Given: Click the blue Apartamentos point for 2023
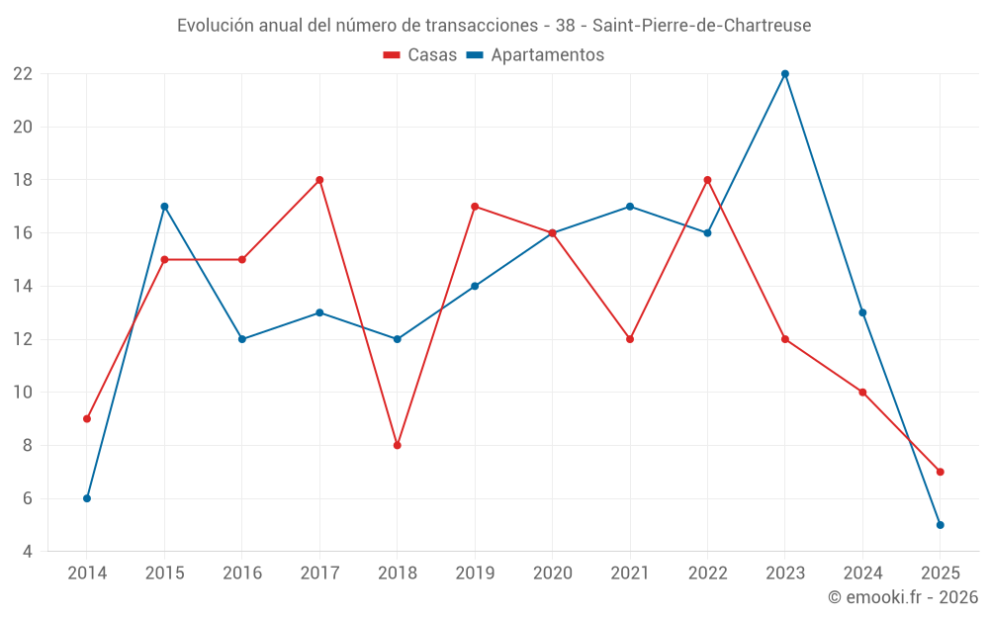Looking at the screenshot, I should (x=785, y=74).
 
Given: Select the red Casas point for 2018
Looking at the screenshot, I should (x=398, y=445).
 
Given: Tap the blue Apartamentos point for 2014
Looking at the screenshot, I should (x=87, y=498).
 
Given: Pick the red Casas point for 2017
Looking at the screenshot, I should (x=319, y=180).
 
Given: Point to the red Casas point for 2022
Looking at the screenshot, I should (x=707, y=180).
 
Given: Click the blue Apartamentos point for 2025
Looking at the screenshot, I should (x=941, y=525).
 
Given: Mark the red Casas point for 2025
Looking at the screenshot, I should (x=941, y=472).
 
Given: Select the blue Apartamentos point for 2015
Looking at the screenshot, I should (x=164, y=207).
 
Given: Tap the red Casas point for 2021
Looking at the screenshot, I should (x=630, y=339).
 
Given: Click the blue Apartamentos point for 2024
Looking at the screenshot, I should (x=862, y=312).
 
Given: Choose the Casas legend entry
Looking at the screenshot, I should (x=420, y=55).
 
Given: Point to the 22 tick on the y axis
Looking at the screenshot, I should (x=23, y=74).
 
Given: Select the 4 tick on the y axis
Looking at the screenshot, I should (x=28, y=552).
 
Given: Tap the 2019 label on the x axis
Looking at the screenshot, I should (x=475, y=574).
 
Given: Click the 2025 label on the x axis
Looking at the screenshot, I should (x=941, y=574).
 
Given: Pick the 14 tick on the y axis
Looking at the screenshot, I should (x=23, y=287).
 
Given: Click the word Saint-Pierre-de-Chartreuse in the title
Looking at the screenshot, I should (x=701, y=25).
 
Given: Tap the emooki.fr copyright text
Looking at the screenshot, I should (x=903, y=597).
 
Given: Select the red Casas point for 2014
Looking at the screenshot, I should (x=87, y=418).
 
